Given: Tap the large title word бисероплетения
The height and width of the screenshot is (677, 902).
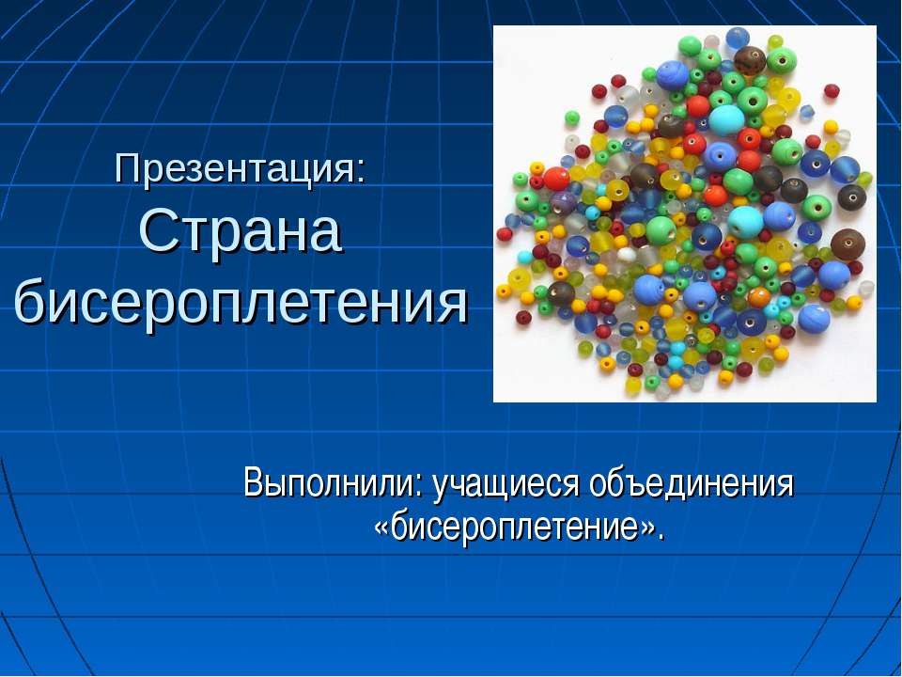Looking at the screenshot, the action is pyautogui.click(x=241, y=301).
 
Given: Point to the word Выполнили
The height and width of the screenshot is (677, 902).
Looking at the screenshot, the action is pyautogui.click(x=330, y=482).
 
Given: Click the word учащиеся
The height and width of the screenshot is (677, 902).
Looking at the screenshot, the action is pyautogui.click(x=505, y=483).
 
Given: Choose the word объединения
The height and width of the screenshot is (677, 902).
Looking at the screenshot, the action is pyautogui.click(x=691, y=482).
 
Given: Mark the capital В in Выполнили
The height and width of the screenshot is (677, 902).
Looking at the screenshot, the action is pyautogui.click(x=253, y=482).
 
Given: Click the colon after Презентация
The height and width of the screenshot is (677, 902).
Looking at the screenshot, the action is pyautogui.click(x=360, y=172).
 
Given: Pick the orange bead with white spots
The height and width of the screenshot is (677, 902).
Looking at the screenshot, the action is pyautogui.click(x=759, y=297).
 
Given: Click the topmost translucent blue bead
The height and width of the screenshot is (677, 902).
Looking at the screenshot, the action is pyautogui.click(x=737, y=38).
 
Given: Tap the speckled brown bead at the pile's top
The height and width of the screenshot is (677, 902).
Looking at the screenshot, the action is pyautogui.click(x=750, y=59).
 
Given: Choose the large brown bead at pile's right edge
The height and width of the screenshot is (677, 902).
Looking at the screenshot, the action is pyautogui.click(x=848, y=244).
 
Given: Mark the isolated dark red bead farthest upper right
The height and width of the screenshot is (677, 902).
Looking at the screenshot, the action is pyautogui.click(x=832, y=90).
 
